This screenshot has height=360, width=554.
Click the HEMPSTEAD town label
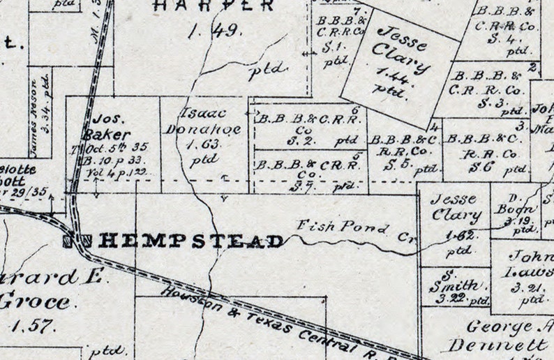pos(192,241)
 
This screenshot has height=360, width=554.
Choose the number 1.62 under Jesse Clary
pos(456,235)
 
